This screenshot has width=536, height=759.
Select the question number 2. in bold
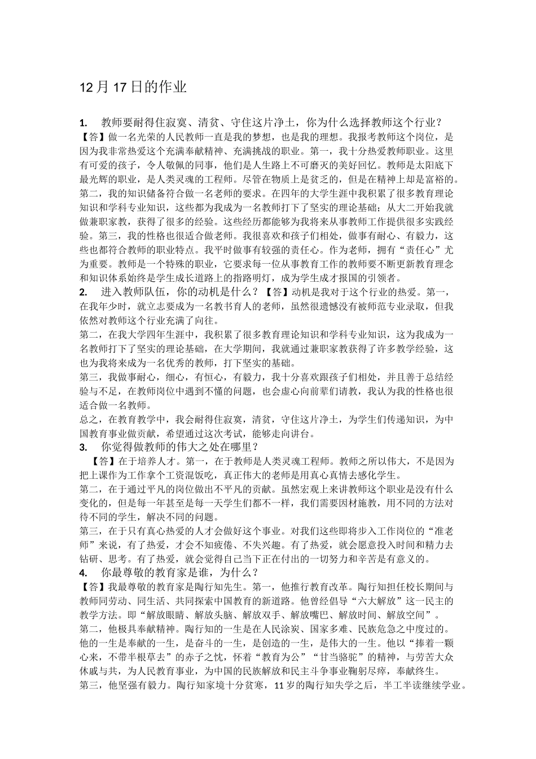coord(84,292)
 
